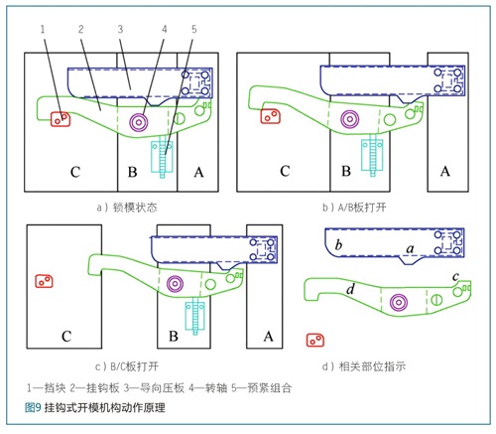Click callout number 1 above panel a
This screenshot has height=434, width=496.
point(43,30)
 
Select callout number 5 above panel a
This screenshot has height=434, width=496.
point(194,30)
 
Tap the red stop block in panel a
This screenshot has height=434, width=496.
point(61,119)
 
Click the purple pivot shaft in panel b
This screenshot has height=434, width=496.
point(350,119)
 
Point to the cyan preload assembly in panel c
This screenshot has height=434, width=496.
point(195,317)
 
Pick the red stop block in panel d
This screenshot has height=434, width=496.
point(315,340)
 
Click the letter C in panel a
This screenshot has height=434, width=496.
point(75,172)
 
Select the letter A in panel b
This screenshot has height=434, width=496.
point(445,172)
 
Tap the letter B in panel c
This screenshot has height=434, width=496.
point(174,337)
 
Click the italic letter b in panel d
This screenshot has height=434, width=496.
point(338,245)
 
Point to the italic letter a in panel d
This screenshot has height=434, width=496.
point(410,248)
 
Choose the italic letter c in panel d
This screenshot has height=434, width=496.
point(455,276)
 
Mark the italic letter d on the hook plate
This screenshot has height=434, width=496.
point(350,289)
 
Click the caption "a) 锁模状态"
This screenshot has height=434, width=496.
point(127,208)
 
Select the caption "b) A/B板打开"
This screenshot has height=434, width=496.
point(354,208)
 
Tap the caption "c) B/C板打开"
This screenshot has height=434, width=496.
point(127,366)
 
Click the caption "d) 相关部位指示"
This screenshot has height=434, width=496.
point(364,366)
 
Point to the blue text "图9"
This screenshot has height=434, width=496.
point(33,407)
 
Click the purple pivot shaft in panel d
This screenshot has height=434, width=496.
point(399,302)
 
